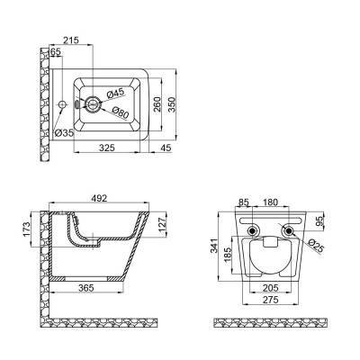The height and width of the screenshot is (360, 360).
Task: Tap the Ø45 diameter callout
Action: pos(114,93)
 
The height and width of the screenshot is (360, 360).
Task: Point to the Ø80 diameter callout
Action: pos(121,114)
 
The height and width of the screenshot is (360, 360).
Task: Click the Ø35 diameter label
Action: pos(65,132)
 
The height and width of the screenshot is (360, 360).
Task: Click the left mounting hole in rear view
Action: pos(249,234)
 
